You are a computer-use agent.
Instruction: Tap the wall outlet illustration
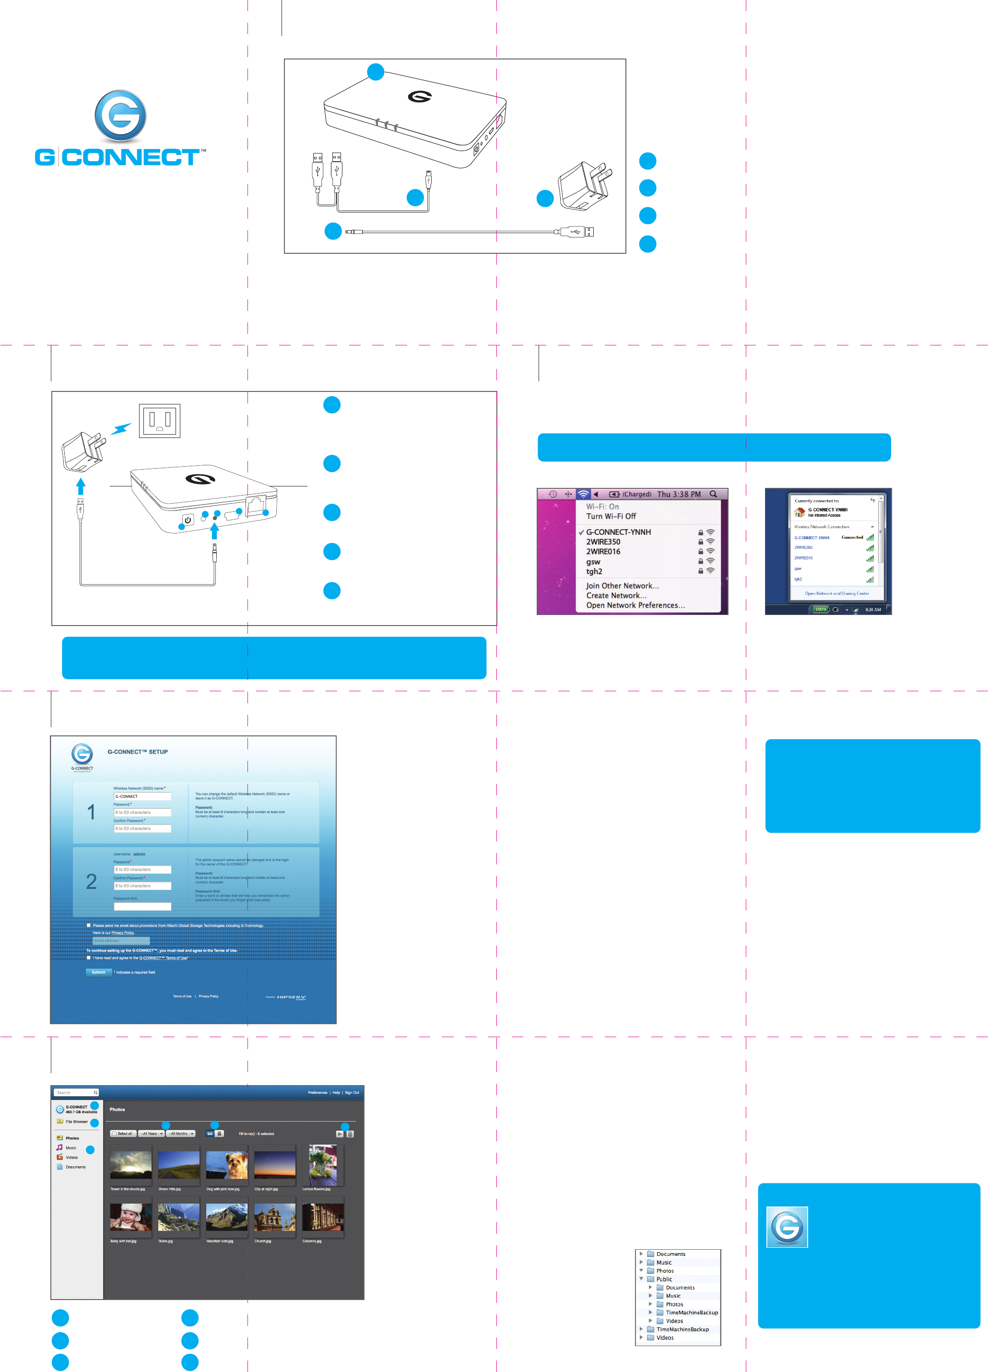(160, 420)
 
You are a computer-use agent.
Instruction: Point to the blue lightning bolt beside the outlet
(121, 428)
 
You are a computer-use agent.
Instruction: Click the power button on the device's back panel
(188, 519)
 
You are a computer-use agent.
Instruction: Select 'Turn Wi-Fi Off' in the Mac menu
(611, 516)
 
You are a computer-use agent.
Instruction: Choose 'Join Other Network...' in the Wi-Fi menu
(622, 586)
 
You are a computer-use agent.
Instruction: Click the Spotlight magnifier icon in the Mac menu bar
(714, 494)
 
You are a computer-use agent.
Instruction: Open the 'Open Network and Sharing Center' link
(836, 593)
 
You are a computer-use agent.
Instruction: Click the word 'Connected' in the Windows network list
(852, 537)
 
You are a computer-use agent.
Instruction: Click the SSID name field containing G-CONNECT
(142, 796)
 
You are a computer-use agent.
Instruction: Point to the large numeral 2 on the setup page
(91, 881)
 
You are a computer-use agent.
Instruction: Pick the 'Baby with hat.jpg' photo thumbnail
(130, 1217)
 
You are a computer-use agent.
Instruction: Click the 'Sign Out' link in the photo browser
(352, 1092)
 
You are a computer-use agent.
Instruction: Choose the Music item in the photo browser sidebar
(71, 1147)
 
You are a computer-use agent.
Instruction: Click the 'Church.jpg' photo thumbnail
(274, 1217)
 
